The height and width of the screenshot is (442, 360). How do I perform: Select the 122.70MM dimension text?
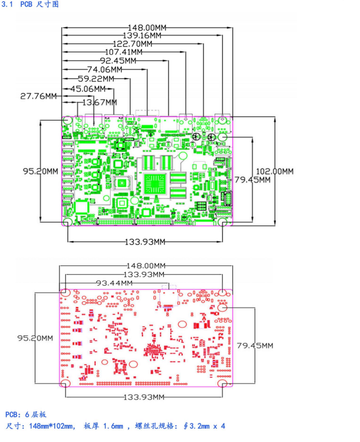click(x=132, y=44)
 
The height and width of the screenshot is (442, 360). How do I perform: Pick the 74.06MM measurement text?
click(x=105, y=70)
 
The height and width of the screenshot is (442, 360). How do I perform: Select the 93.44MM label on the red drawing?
click(x=114, y=283)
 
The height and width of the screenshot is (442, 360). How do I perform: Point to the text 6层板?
click(x=35, y=414)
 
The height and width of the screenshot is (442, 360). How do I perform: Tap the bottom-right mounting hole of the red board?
click(x=223, y=383)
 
